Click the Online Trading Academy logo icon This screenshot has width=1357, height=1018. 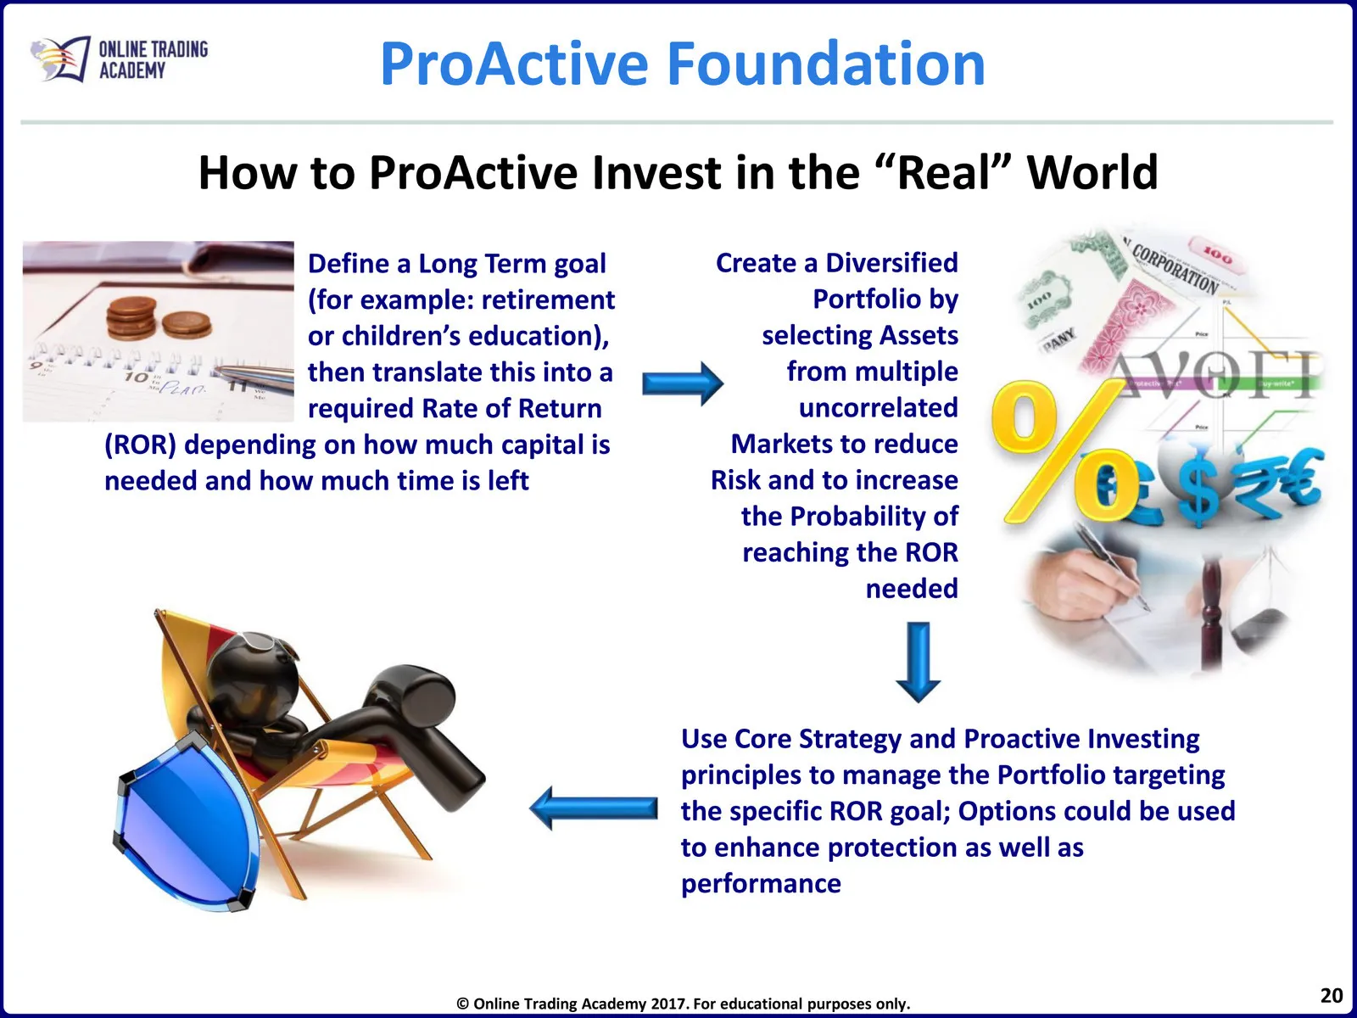click(60, 59)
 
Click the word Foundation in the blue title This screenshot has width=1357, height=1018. click(826, 63)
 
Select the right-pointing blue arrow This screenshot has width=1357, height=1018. click(683, 383)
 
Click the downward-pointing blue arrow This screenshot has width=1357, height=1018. click(918, 662)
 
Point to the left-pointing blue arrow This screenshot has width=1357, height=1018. click(594, 808)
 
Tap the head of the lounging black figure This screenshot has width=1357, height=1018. click(254, 671)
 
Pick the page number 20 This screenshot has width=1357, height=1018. click(1331, 996)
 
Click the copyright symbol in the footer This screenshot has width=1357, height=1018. click(462, 1004)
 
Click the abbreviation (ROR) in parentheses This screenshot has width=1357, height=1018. click(140, 445)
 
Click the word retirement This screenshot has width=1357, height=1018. click(548, 300)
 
